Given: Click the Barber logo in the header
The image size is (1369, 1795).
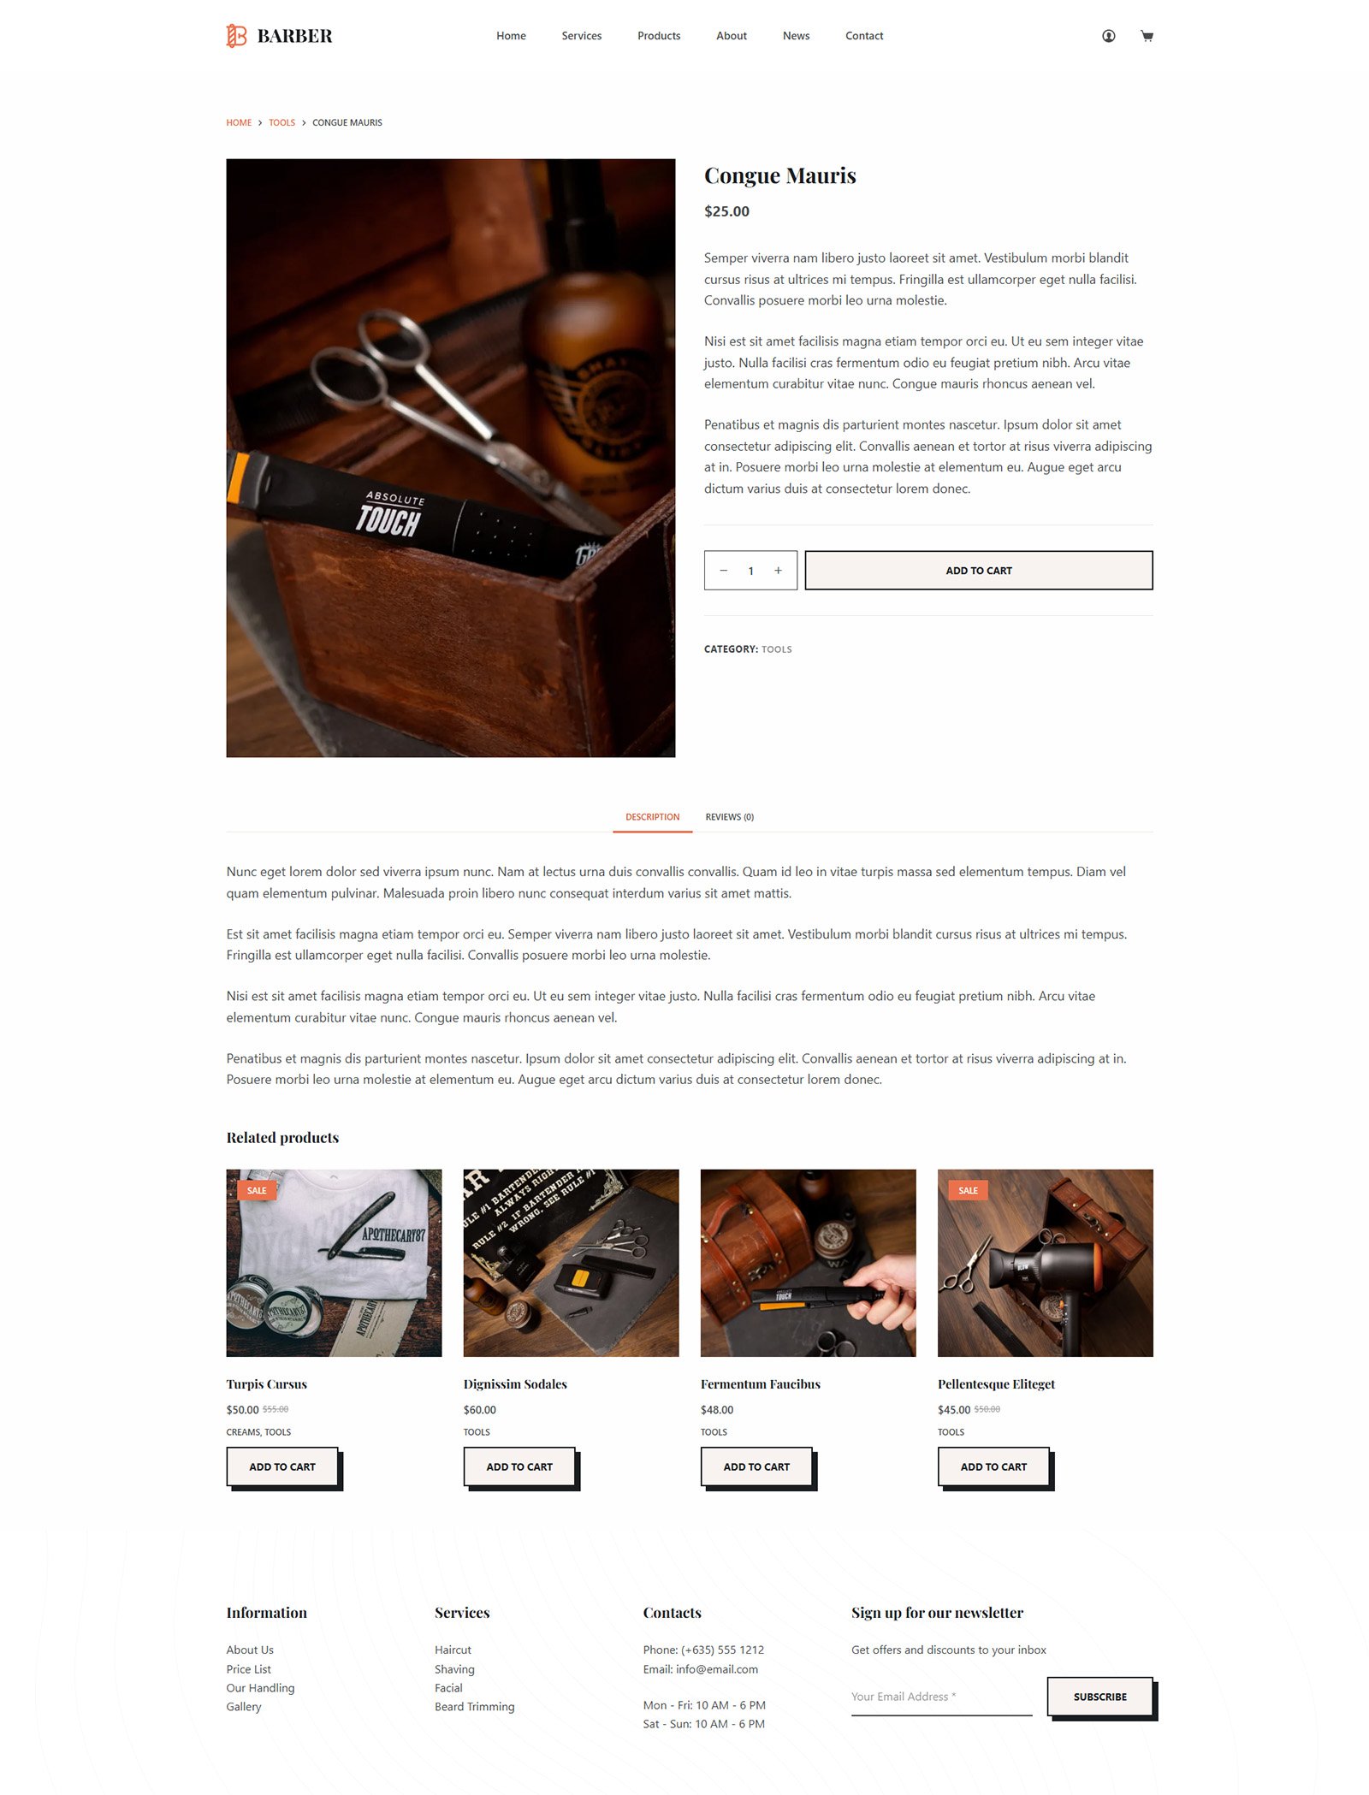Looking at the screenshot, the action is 279,36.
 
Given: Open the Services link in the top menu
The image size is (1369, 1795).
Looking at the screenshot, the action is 582,36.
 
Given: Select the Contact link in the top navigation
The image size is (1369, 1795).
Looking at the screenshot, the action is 864,36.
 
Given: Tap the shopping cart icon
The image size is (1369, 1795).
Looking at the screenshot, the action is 1147,36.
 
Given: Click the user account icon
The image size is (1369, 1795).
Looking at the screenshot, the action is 1108,36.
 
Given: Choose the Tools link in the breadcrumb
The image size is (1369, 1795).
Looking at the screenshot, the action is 282,123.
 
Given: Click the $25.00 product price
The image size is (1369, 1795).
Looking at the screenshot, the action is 726,211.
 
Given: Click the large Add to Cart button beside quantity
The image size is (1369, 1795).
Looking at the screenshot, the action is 979,571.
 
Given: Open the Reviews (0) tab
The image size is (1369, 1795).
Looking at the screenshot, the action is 730,817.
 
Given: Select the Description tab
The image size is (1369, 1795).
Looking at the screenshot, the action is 652,817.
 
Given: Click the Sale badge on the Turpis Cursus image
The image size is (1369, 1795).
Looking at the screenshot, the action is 257,1190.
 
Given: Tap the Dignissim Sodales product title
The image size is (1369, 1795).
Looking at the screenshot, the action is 515,1384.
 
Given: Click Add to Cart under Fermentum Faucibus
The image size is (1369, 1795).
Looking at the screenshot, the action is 756,1466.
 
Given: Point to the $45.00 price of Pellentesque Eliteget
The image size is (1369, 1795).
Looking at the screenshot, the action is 954,1410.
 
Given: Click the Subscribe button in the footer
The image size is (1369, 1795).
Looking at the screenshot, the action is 1100,1697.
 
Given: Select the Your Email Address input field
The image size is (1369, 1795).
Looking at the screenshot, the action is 941,1697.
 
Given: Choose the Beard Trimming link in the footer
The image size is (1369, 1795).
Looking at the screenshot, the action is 475,1707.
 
